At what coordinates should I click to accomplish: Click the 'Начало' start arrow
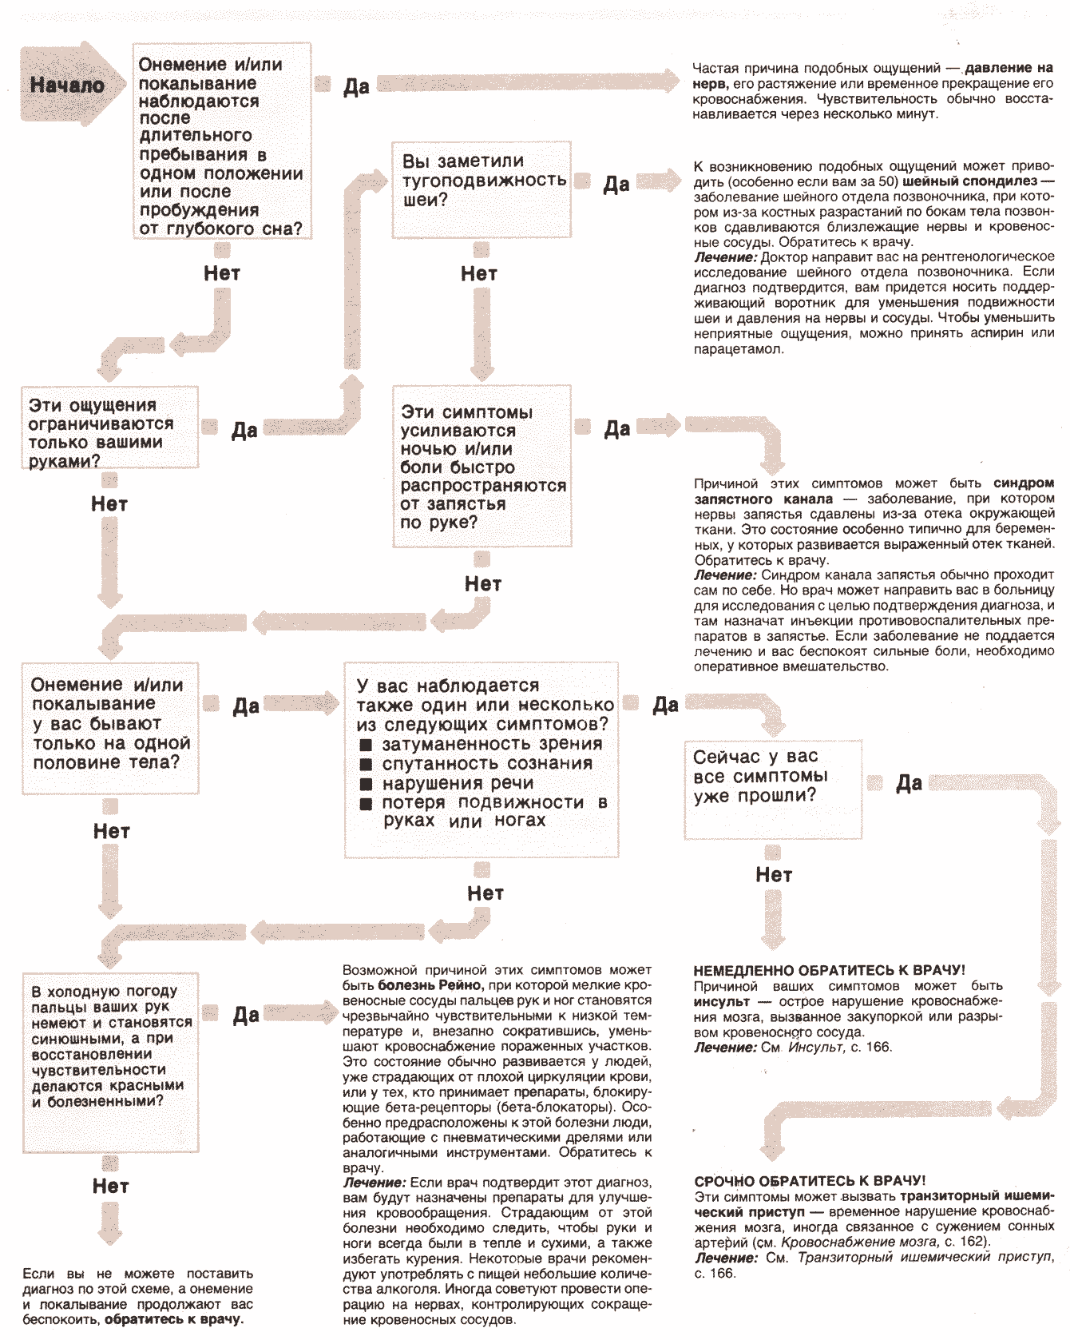[x=67, y=85]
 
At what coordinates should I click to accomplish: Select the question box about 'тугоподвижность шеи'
[x=481, y=189]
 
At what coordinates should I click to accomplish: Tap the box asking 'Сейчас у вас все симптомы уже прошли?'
[x=772, y=789]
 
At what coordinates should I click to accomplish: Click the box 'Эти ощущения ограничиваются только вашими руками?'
[x=109, y=431]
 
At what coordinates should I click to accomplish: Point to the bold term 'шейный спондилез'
[x=969, y=181]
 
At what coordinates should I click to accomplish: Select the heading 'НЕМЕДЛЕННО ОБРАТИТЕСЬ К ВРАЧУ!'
[x=829, y=971]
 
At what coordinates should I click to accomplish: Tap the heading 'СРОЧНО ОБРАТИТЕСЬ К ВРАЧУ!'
[x=810, y=1181]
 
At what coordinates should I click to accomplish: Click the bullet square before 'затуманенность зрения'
[x=366, y=745]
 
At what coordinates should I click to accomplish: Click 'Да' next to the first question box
[x=356, y=86]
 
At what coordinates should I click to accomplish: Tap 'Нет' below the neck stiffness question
[x=479, y=274]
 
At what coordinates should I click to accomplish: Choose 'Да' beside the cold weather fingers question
[x=246, y=1016]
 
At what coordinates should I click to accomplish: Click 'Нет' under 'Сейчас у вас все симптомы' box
[x=774, y=875]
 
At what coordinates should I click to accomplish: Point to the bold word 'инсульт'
[x=721, y=1002]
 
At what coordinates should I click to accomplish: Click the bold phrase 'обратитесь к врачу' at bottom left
[x=173, y=1319]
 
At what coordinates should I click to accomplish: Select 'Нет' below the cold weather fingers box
[x=110, y=1187]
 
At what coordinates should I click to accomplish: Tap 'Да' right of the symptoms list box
[x=665, y=705]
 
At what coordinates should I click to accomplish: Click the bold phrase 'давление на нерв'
[x=1009, y=69]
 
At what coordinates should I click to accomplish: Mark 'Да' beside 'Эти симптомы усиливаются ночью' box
[x=616, y=429]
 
